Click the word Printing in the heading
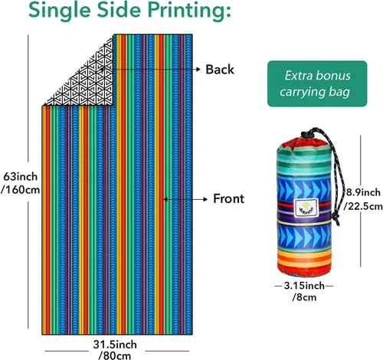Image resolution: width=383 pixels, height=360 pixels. point(189,10)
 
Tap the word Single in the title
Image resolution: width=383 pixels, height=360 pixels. point(59,10)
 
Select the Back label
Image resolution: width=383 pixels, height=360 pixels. point(220,70)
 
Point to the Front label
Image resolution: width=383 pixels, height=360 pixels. point(228,198)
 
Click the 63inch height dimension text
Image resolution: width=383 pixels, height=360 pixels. point(21,176)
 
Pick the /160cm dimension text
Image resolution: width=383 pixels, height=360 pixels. point(21,190)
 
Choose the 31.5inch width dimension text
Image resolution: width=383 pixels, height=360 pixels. point(115,345)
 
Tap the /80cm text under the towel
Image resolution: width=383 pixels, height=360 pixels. point(115,355)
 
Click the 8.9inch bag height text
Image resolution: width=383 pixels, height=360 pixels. point(363,192)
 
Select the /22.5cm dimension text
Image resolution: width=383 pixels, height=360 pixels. point(363,206)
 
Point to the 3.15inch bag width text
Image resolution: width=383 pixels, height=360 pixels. point(304,286)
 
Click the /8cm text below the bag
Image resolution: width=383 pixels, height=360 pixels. point(304,297)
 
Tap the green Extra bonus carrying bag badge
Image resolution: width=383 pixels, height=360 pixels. point(317,83)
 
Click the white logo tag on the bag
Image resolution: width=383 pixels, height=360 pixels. point(306,208)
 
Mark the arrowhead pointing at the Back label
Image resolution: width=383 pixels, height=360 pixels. point(198,69)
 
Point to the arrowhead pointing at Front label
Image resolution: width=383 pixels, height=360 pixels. point(205,199)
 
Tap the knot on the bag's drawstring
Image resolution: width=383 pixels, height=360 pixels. point(336,218)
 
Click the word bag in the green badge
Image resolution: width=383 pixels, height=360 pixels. point(339,92)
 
